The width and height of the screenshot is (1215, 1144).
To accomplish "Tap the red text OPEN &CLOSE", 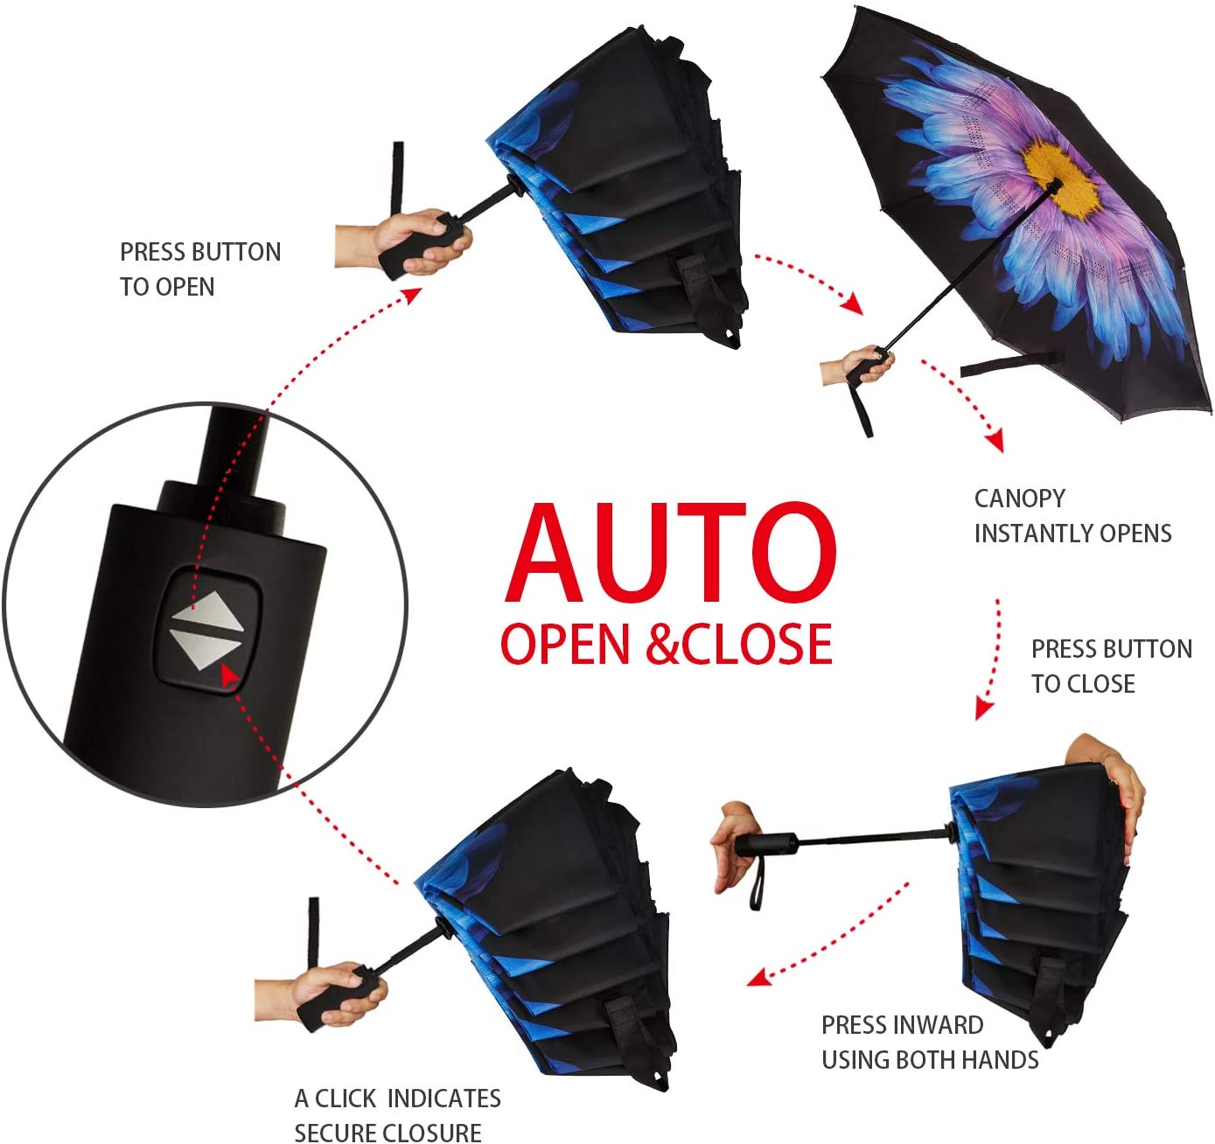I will [666, 645].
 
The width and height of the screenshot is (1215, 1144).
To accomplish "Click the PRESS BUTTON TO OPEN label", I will [200, 269].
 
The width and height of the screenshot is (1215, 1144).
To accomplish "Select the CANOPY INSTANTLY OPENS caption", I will [1072, 516].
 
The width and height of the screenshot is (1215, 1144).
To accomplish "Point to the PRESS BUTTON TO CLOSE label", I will [1111, 666].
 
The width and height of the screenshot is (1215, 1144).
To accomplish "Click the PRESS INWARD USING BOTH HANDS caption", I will [929, 1043].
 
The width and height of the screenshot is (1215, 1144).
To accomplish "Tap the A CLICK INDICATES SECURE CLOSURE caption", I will [397, 1115].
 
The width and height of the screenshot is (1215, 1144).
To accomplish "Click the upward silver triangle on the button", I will [207, 612].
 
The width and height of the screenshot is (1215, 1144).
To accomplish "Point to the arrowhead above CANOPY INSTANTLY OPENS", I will [994, 440].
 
